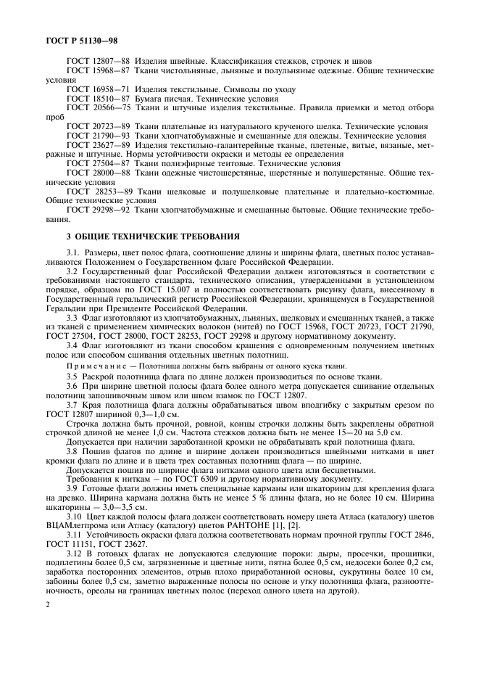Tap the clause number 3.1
74,253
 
